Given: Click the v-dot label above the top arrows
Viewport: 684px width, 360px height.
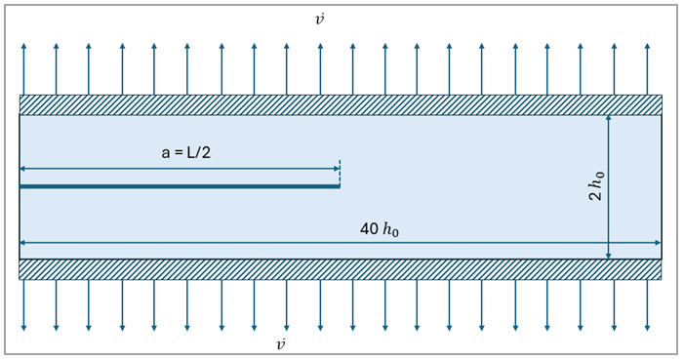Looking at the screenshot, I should pyautogui.click(x=320, y=20).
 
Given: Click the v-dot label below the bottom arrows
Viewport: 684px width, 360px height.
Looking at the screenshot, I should pyautogui.click(x=281, y=344).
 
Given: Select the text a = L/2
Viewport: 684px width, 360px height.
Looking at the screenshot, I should pyautogui.click(x=185, y=152).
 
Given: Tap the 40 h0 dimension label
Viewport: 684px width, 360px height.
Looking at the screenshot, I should pyautogui.click(x=380, y=229).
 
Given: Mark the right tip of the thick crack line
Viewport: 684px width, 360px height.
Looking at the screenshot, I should pyautogui.click(x=339, y=185).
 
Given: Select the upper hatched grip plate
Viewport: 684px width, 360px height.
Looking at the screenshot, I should pyautogui.click(x=341, y=104).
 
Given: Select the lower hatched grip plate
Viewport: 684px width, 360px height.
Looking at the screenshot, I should pyautogui.click(x=341, y=269).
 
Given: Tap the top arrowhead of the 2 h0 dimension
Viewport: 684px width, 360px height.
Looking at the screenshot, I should pyautogui.click(x=608, y=119).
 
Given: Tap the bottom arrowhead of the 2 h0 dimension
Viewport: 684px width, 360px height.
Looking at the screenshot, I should pyautogui.click(x=608, y=256).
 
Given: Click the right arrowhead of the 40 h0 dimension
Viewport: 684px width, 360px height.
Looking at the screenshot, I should pyautogui.click(x=658, y=243).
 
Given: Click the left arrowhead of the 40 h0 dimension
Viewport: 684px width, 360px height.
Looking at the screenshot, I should pyautogui.click(x=23, y=243).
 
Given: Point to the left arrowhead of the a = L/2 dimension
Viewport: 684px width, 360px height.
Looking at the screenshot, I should pyautogui.click(x=23, y=169).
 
